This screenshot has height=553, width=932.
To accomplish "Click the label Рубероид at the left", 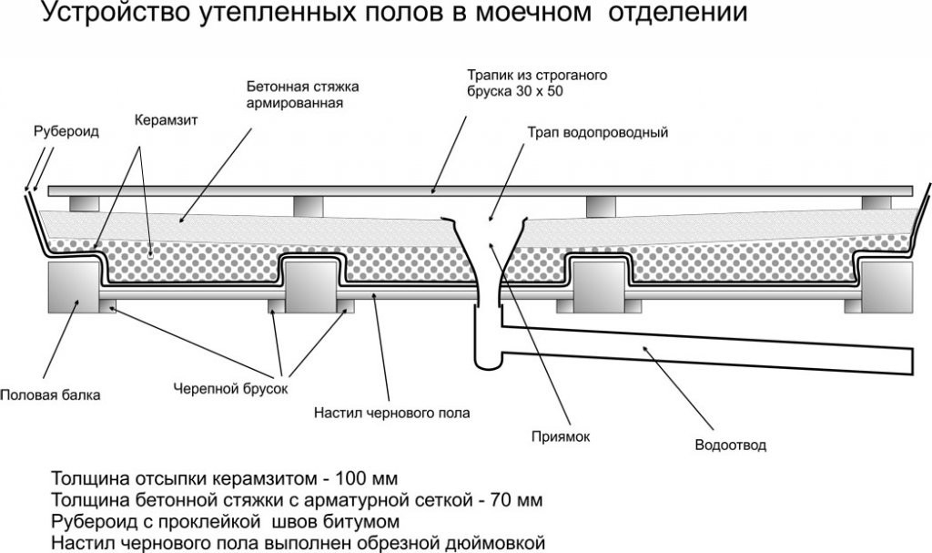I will pos(66,131).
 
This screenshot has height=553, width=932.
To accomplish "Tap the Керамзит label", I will pos(166,119).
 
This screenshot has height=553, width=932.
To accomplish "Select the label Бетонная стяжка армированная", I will pos(303,95).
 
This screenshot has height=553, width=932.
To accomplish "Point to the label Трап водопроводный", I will pos(597,132).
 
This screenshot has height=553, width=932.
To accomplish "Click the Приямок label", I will pos(561,436).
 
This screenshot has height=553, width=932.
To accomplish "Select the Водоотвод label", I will pos(730,445).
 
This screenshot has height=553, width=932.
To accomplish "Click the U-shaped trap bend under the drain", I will pos(488,363).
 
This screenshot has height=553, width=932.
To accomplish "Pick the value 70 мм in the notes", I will pos(515,500).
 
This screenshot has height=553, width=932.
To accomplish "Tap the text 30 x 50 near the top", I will pos(551,92).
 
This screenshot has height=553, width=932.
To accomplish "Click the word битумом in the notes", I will pos(376,522).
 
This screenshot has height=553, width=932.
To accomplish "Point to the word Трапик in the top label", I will pos(489,75).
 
